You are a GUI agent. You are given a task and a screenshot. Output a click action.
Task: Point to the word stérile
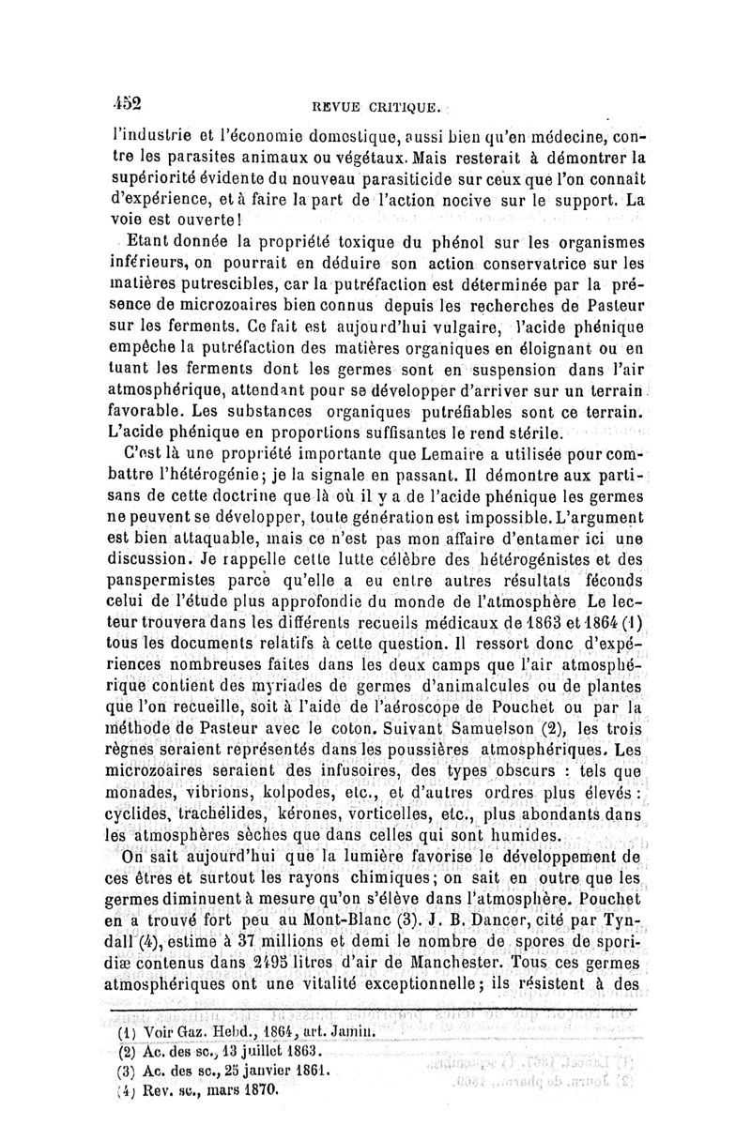point(529,433)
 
